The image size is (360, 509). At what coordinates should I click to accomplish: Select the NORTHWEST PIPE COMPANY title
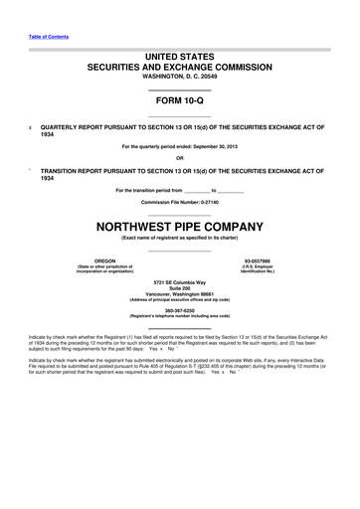179,226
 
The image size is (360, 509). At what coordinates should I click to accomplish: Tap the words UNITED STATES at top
179,59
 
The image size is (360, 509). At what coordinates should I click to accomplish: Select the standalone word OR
179,158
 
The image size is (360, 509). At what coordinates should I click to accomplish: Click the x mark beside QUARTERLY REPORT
30,128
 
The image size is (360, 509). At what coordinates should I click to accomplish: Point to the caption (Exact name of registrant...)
179,239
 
